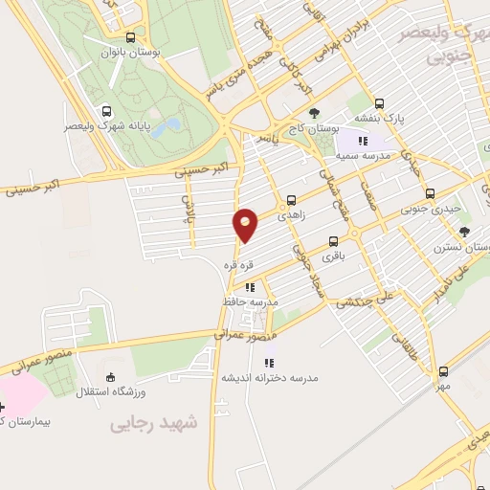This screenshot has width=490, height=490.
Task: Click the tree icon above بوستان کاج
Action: point(315,113)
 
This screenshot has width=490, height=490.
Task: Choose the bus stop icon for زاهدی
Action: point(291,201)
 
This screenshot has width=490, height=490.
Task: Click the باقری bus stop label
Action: point(331,256)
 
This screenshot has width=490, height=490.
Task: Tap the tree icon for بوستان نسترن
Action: point(465,231)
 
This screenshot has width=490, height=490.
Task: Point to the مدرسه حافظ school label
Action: point(258,301)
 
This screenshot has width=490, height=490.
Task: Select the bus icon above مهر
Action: point(442,371)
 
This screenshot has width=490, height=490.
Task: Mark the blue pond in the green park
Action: point(163,127)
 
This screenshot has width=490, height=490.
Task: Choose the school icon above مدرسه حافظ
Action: point(249,285)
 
